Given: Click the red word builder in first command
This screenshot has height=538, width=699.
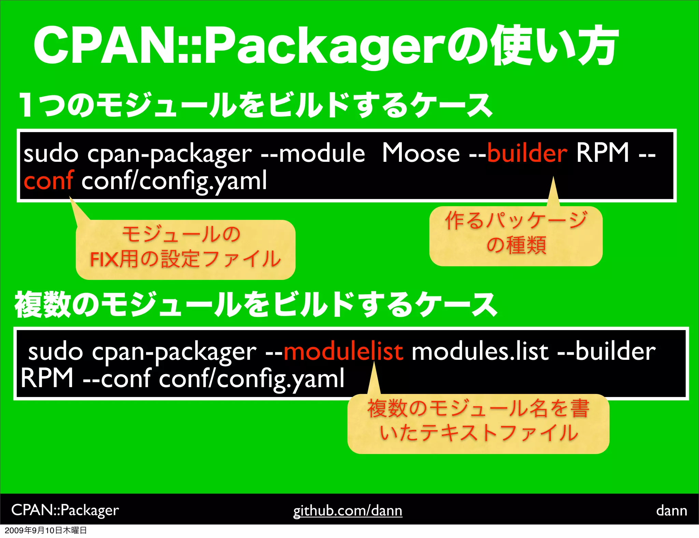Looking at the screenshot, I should [x=527, y=153].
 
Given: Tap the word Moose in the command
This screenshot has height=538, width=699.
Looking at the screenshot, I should [x=420, y=153].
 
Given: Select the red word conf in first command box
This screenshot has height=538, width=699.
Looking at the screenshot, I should [x=48, y=181].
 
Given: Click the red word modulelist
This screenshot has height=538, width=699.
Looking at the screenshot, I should [x=343, y=352].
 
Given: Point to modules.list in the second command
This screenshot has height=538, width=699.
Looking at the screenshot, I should [x=480, y=352].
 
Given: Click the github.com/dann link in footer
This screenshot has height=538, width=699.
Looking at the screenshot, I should [x=347, y=511].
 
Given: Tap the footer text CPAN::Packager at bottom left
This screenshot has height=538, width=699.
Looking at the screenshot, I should [x=65, y=510].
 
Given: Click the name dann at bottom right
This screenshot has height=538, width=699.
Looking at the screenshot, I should [x=671, y=511].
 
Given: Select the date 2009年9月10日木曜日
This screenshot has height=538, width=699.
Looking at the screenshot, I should [x=46, y=530].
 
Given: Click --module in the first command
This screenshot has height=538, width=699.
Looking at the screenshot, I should [x=312, y=153].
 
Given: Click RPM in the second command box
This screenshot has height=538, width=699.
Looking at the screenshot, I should [x=47, y=378].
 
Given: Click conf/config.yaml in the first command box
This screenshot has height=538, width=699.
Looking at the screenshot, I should [x=174, y=181].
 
